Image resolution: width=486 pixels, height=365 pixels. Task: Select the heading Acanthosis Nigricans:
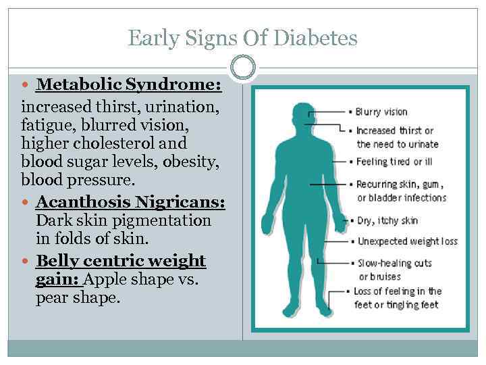tap(130, 202)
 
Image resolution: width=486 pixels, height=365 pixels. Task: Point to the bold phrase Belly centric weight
tap(121, 261)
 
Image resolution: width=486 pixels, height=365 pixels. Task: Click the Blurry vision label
tap(381, 112)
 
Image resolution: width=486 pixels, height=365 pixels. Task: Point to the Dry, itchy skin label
tap(387, 220)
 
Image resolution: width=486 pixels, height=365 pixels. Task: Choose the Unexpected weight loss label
tap(407, 241)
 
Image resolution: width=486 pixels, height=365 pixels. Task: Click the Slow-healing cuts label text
tap(395, 263)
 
